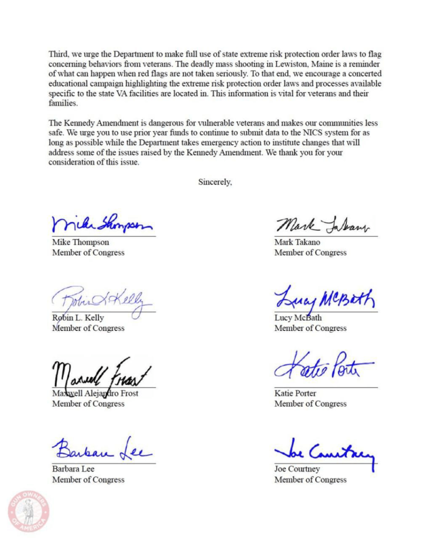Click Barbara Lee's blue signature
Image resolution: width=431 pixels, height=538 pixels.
pos(101,451)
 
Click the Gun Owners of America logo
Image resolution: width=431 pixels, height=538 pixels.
pos(28,511)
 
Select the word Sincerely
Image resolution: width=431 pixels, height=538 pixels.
pos(215,182)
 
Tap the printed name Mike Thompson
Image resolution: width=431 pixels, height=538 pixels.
pos(81,242)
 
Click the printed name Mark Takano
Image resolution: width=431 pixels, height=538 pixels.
pos(297,242)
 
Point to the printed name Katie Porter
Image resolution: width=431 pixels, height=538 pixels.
pos(295,393)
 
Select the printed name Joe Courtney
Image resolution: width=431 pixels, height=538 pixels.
pos(297,469)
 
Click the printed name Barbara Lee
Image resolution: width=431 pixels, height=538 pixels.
pos(73,469)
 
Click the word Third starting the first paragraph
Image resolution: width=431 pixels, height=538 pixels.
pos(58,54)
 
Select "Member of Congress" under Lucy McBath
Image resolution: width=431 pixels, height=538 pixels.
pos(310,328)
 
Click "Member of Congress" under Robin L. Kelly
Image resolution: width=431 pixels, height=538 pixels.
pos(88,328)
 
